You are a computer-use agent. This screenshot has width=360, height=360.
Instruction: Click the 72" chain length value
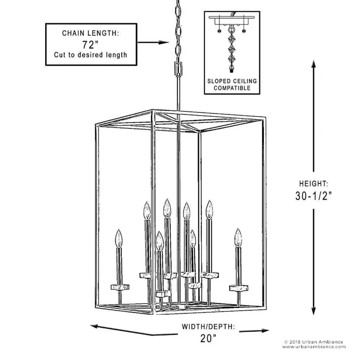click(x=90, y=45)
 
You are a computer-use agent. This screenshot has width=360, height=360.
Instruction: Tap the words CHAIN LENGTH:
click(x=90, y=33)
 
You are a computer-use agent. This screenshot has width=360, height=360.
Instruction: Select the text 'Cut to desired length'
click(x=90, y=55)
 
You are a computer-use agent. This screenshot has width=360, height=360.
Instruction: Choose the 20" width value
click(x=208, y=339)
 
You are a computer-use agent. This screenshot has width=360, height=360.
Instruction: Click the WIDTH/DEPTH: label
click(x=208, y=327)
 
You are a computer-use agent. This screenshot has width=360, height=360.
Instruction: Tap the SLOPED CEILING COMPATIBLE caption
click(x=232, y=84)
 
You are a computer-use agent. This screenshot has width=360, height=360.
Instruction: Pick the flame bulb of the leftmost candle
click(x=119, y=238)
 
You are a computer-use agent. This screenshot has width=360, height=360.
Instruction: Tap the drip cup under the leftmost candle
click(x=120, y=287)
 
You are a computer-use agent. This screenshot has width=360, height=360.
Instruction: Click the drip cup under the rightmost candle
click(x=239, y=288)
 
